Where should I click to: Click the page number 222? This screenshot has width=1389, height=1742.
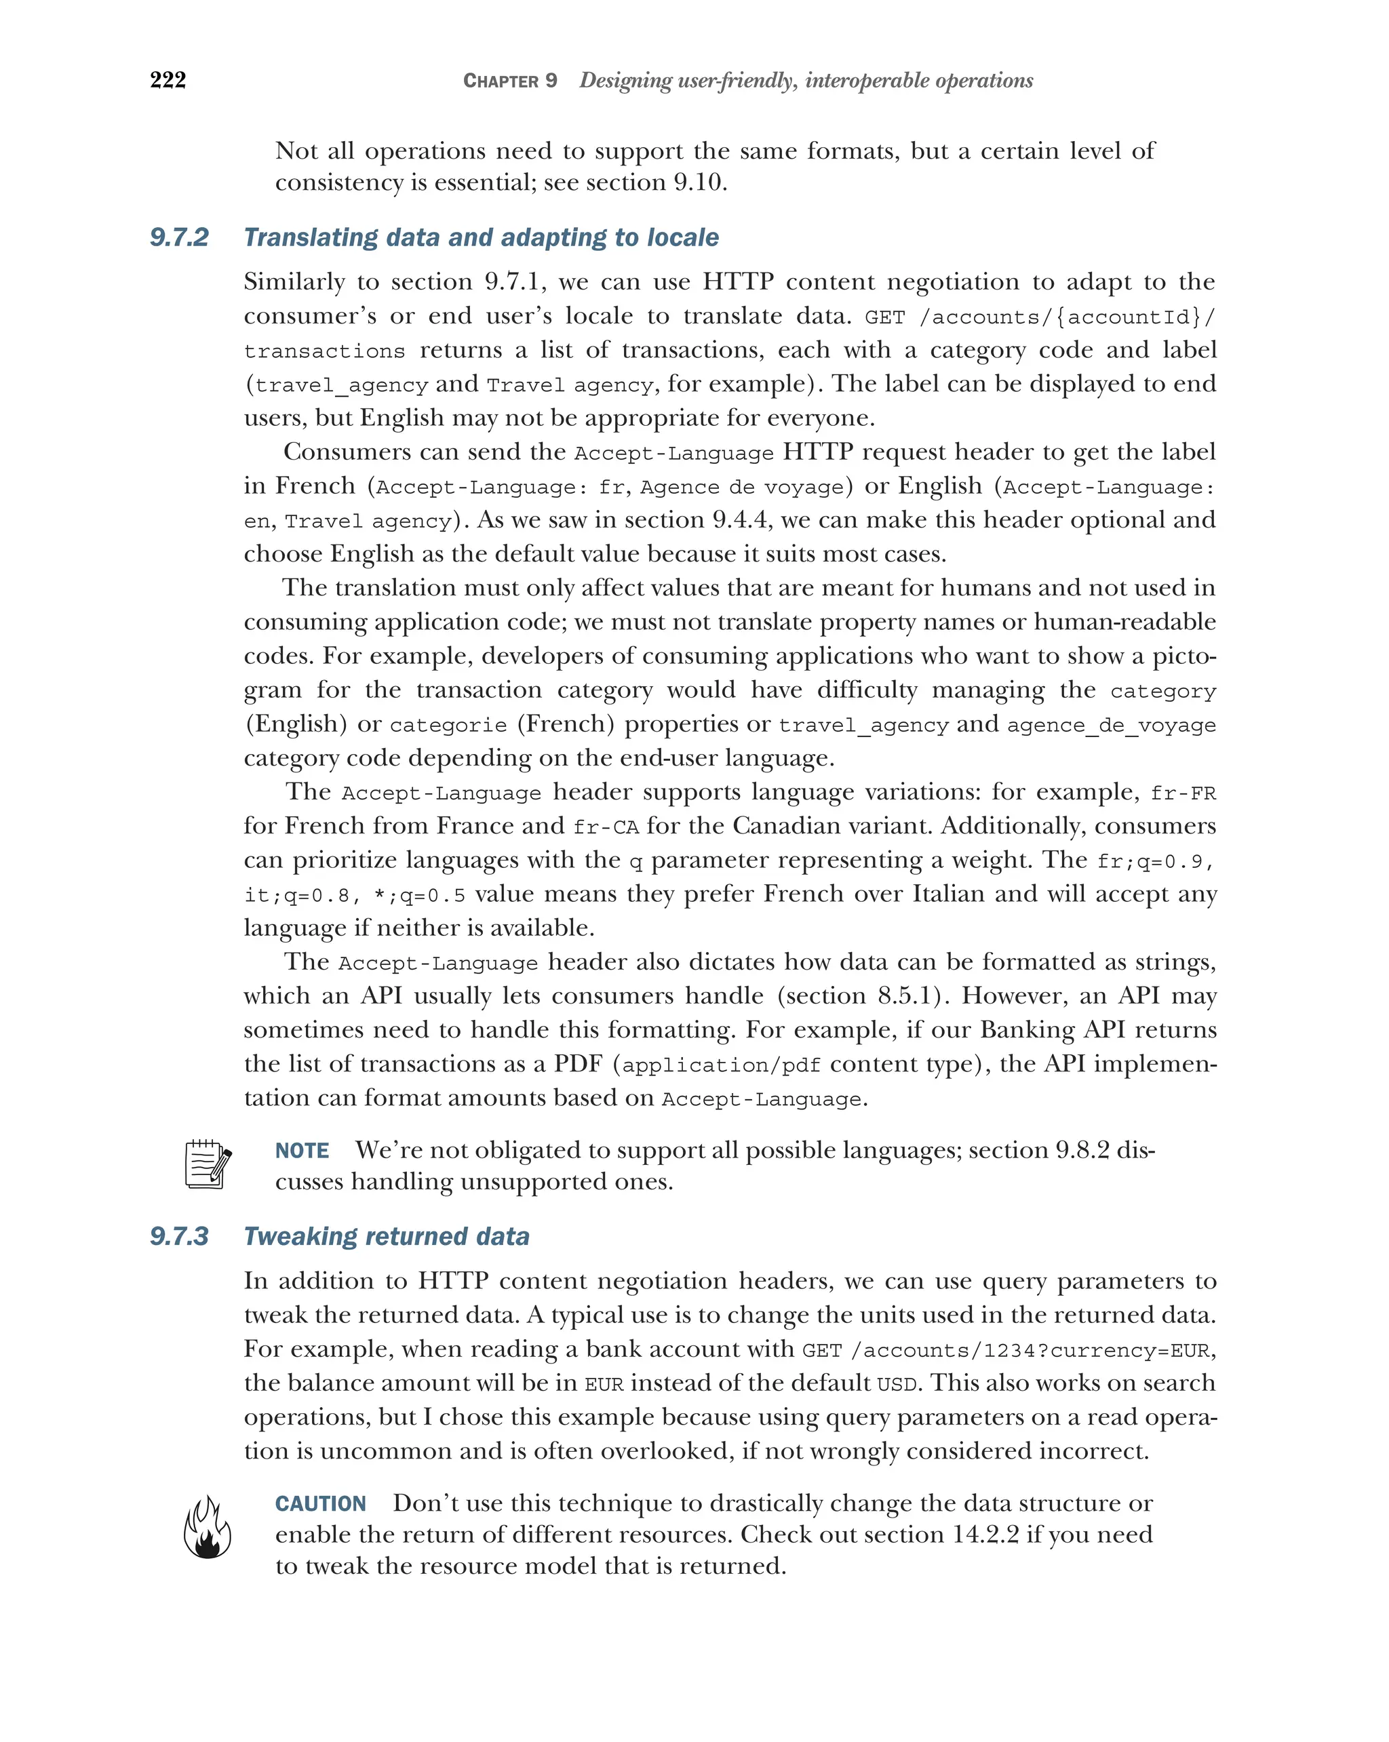click(x=168, y=80)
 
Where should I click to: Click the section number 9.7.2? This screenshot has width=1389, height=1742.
click(x=179, y=237)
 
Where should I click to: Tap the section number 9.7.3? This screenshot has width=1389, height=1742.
click(x=179, y=1237)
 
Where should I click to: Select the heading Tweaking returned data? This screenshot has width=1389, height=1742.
click(x=386, y=1237)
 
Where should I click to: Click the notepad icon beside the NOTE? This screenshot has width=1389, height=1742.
click(x=208, y=1164)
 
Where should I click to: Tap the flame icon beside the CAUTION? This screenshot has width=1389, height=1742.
click(x=208, y=1527)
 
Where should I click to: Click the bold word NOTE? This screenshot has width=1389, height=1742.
click(x=302, y=1151)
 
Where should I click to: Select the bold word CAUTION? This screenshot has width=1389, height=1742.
click(x=321, y=1503)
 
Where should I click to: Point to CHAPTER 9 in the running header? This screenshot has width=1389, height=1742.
click(x=510, y=81)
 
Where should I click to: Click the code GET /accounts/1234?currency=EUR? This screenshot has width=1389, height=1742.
click(x=1006, y=1351)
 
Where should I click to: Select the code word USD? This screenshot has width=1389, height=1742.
click(x=896, y=1385)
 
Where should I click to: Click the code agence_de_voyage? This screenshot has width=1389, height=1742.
click(x=1111, y=726)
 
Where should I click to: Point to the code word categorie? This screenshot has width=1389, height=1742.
click(x=448, y=726)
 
